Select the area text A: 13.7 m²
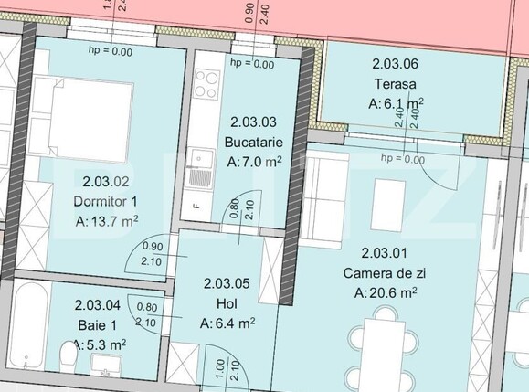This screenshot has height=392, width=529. pyautogui.click(x=107, y=220)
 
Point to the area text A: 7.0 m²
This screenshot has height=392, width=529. pyautogui.click(x=253, y=162)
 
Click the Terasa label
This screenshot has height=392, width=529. pyautogui.click(x=395, y=84)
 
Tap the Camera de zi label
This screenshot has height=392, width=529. pyautogui.click(x=386, y=273)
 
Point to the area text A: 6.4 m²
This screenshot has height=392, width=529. pyautogui.click(x=227, y=322)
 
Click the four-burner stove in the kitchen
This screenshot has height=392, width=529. pyautogui.click(x=206, y=84)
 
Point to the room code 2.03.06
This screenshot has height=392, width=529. pyautogui.click(x=395, y=64)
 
